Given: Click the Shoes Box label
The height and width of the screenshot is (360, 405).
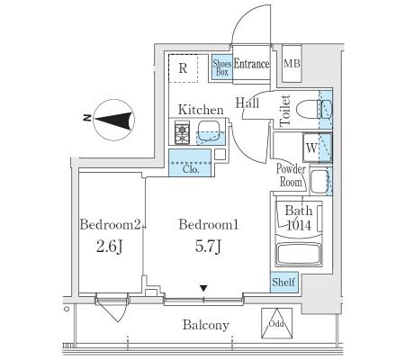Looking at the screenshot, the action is click(x=222, y=67).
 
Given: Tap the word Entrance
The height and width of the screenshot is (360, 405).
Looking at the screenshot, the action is click(x=251, y=64).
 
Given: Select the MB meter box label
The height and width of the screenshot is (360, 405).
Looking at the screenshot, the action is click(x=292, y=64).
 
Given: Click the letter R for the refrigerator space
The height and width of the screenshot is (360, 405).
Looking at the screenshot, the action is click(x=183, y=68).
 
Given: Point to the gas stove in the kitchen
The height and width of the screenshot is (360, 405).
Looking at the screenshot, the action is click(x=182, y=132).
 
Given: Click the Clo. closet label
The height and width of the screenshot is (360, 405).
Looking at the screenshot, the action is click(x=191, y=169).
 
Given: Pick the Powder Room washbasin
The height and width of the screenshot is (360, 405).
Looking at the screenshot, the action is click(x=319, y=181).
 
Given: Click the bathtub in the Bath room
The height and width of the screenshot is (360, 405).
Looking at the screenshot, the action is click(x=299, y=255).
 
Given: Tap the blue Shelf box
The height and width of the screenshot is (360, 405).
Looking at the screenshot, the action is click(x=283, y=282).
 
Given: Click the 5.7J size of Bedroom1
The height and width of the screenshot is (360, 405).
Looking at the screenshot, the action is click(x=208, y=247).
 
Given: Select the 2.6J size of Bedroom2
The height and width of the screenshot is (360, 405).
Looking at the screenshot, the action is click(x=109, y=247).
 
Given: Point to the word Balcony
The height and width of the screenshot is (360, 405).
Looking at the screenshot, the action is click(x=206, y=325).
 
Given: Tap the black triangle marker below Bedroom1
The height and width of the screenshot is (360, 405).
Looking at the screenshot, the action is click(x=203, y=289).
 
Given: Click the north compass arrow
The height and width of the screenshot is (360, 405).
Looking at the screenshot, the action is click(x=114, y=120).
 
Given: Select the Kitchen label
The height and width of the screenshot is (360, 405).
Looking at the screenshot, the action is click(x=201, y=110).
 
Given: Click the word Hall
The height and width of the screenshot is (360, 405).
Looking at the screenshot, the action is click(x=247, y=103).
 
